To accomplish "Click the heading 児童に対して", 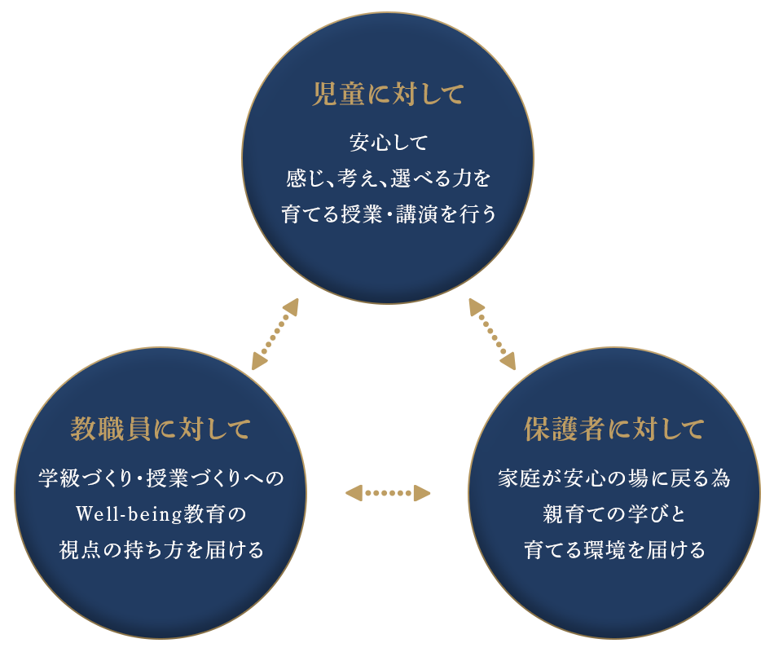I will click(x=388, y=95).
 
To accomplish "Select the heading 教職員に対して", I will click(x=161, y=428).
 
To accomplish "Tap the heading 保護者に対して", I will click(x=614, y=427).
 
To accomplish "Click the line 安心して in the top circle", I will click(x=388, y=143).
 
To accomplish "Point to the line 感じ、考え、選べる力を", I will click(x=388, y=178).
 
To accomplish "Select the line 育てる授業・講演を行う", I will click(x=388, y=214).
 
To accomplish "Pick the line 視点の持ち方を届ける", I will click(x=161, y=550).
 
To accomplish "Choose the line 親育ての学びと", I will click(x=614, y=515).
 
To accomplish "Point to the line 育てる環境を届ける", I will click(x=614, y=550).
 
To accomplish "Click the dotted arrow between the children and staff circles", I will click(x=275, y=334).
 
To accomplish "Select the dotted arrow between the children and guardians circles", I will click(x=492, y=333).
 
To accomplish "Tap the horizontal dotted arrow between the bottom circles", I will click(x=388, y=492).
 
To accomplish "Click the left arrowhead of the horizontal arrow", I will click(x=354, y=492).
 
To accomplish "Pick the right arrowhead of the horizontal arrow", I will click(x=422, y=492).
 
